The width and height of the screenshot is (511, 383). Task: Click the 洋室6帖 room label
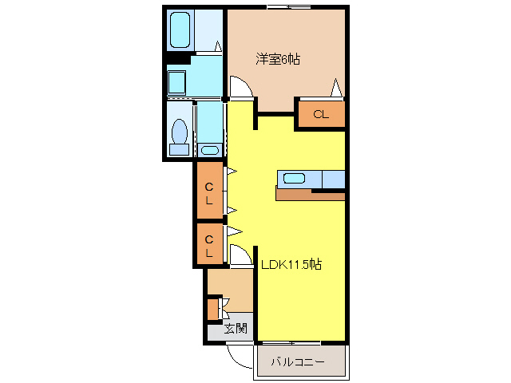tap(278, 59)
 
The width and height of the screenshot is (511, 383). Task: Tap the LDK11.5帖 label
tap(291, 264)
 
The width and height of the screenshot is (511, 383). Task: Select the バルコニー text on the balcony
tap(297, 361)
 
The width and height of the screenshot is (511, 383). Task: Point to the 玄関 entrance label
tap(235, 328)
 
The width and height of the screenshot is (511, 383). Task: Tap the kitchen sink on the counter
tap(294, 179)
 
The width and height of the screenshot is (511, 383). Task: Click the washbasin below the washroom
tap(210, 150)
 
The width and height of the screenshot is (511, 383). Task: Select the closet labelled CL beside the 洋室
tap(321, 114)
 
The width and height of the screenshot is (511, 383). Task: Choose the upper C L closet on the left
tap(209, 192)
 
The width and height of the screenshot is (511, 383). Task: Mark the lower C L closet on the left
tap(209, 244)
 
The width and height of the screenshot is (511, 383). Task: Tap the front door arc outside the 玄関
tap(238, 355)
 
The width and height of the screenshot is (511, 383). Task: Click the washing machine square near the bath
tap(176, 81)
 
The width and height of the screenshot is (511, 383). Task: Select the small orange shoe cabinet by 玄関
tap(213, 308)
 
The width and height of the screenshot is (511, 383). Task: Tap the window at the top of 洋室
tap(289, 8)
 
